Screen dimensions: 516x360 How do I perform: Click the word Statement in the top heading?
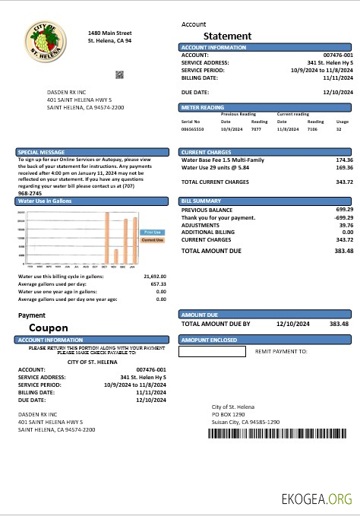(228, 36)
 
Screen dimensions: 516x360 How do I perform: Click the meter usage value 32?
(339, 130)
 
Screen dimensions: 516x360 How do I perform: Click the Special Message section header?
(36, 153)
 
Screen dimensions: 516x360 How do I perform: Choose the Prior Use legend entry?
(152, 232)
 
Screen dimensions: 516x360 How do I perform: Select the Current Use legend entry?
(152, 240)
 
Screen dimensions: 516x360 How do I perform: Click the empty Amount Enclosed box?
(212, 351)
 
